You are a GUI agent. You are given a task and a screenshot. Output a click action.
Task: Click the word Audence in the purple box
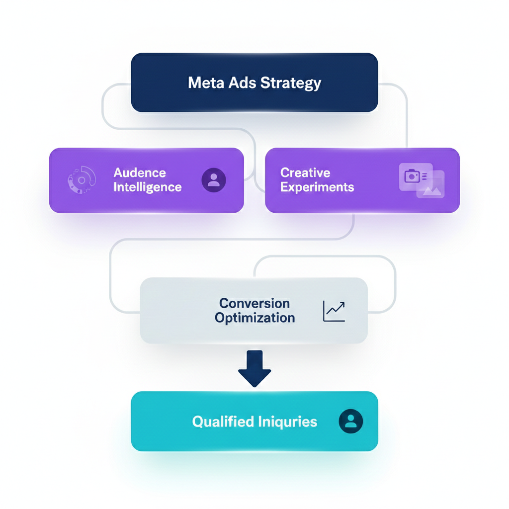click(x=140, y=173)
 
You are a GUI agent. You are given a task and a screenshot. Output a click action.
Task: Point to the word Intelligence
click(x=148, y=187)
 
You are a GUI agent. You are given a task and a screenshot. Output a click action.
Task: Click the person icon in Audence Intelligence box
click(x=214, y=180)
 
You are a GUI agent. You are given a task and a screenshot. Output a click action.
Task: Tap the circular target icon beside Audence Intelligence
click(x=82, y=180)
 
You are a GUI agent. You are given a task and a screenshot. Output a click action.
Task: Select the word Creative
click(x=305, y=173)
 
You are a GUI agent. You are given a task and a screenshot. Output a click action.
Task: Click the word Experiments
click(x=317, y=187)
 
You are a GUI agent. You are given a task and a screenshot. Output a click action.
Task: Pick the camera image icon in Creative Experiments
click(x=413, y=176)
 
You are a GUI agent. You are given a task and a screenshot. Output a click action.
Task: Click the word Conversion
click(x=254, y=303)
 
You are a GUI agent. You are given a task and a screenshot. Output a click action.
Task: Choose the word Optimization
click(x=254, y=318)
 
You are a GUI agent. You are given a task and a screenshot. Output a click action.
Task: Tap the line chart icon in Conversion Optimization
click(x=334, y=311)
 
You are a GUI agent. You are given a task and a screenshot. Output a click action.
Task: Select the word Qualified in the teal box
click(x=223, y=422)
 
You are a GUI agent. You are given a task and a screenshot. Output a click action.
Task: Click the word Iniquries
click(x=288, y=422)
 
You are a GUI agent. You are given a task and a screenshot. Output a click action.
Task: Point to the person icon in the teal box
click(x=351, y=422)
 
